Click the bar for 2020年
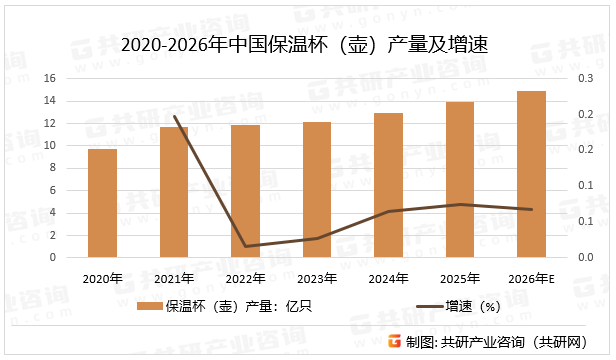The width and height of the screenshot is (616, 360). point(102,203)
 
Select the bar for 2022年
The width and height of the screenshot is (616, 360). point(245,191)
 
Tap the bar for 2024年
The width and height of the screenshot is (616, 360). point(388,185)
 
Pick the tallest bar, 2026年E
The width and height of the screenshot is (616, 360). point(531,174)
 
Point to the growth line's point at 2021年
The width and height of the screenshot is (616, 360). point(174,116)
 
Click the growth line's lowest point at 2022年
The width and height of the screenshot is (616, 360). point(245,246)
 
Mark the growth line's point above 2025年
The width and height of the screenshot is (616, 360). point(460,204)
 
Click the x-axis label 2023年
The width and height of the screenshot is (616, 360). point(317,277)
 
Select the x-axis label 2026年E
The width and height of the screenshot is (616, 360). point(531,277)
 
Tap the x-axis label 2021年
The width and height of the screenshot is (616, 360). point(174,277)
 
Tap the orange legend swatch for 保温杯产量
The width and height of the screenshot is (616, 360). point(150,306)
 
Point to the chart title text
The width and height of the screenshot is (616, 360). point(307,45)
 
